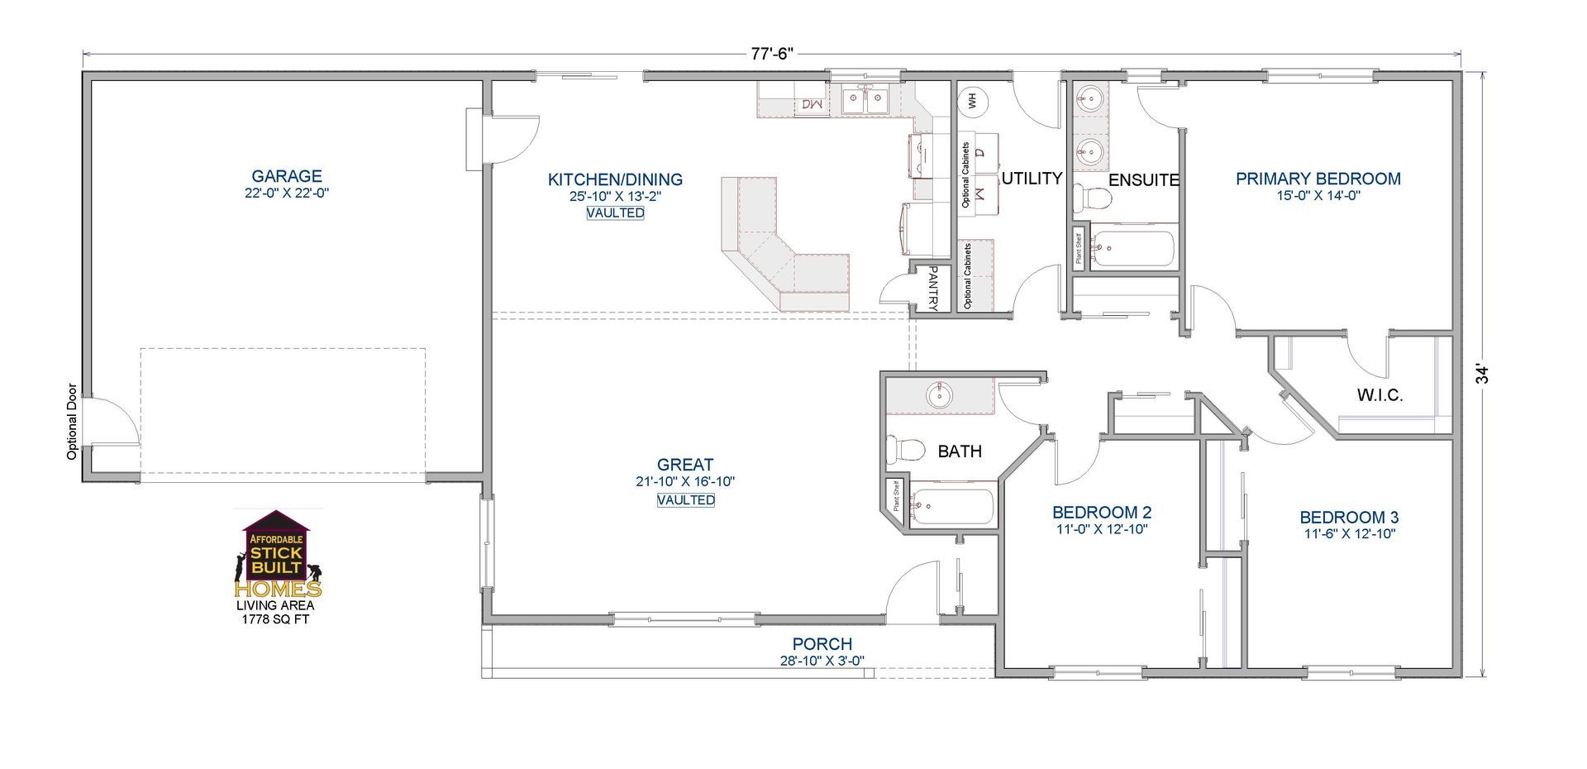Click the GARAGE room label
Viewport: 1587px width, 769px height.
coord(287,176)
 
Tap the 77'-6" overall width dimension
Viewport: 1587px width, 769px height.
coord(772,54)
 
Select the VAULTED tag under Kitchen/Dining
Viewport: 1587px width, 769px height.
coord(616,213)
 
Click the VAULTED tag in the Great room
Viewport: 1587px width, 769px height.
coord(686,500)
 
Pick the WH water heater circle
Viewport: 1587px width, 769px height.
coord(972,101)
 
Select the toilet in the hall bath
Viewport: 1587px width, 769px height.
coord(905,450)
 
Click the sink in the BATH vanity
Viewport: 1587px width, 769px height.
coord(940,395)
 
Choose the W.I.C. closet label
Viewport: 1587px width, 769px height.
coord(1380,395)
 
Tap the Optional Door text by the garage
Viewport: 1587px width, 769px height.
coord(72,421)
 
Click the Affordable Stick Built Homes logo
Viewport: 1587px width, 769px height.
coord(278,554)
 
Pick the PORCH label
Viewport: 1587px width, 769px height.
coord(822,644)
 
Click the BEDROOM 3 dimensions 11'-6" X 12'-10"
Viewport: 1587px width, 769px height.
coord(1350,534)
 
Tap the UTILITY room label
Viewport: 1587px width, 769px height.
coord(1032,178)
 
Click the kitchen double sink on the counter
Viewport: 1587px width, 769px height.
coord(865,100)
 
